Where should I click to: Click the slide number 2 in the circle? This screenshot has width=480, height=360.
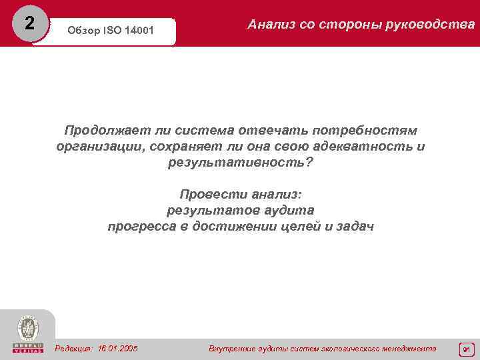click(x=29, y=23)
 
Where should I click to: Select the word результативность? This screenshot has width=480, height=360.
click(x=241, y=162)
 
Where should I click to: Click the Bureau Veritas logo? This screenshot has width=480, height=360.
click(x=27, y=333)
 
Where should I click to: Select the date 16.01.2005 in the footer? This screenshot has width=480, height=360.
click(x=118, y=348)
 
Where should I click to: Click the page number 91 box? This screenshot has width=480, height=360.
click(x=466, y=349)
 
